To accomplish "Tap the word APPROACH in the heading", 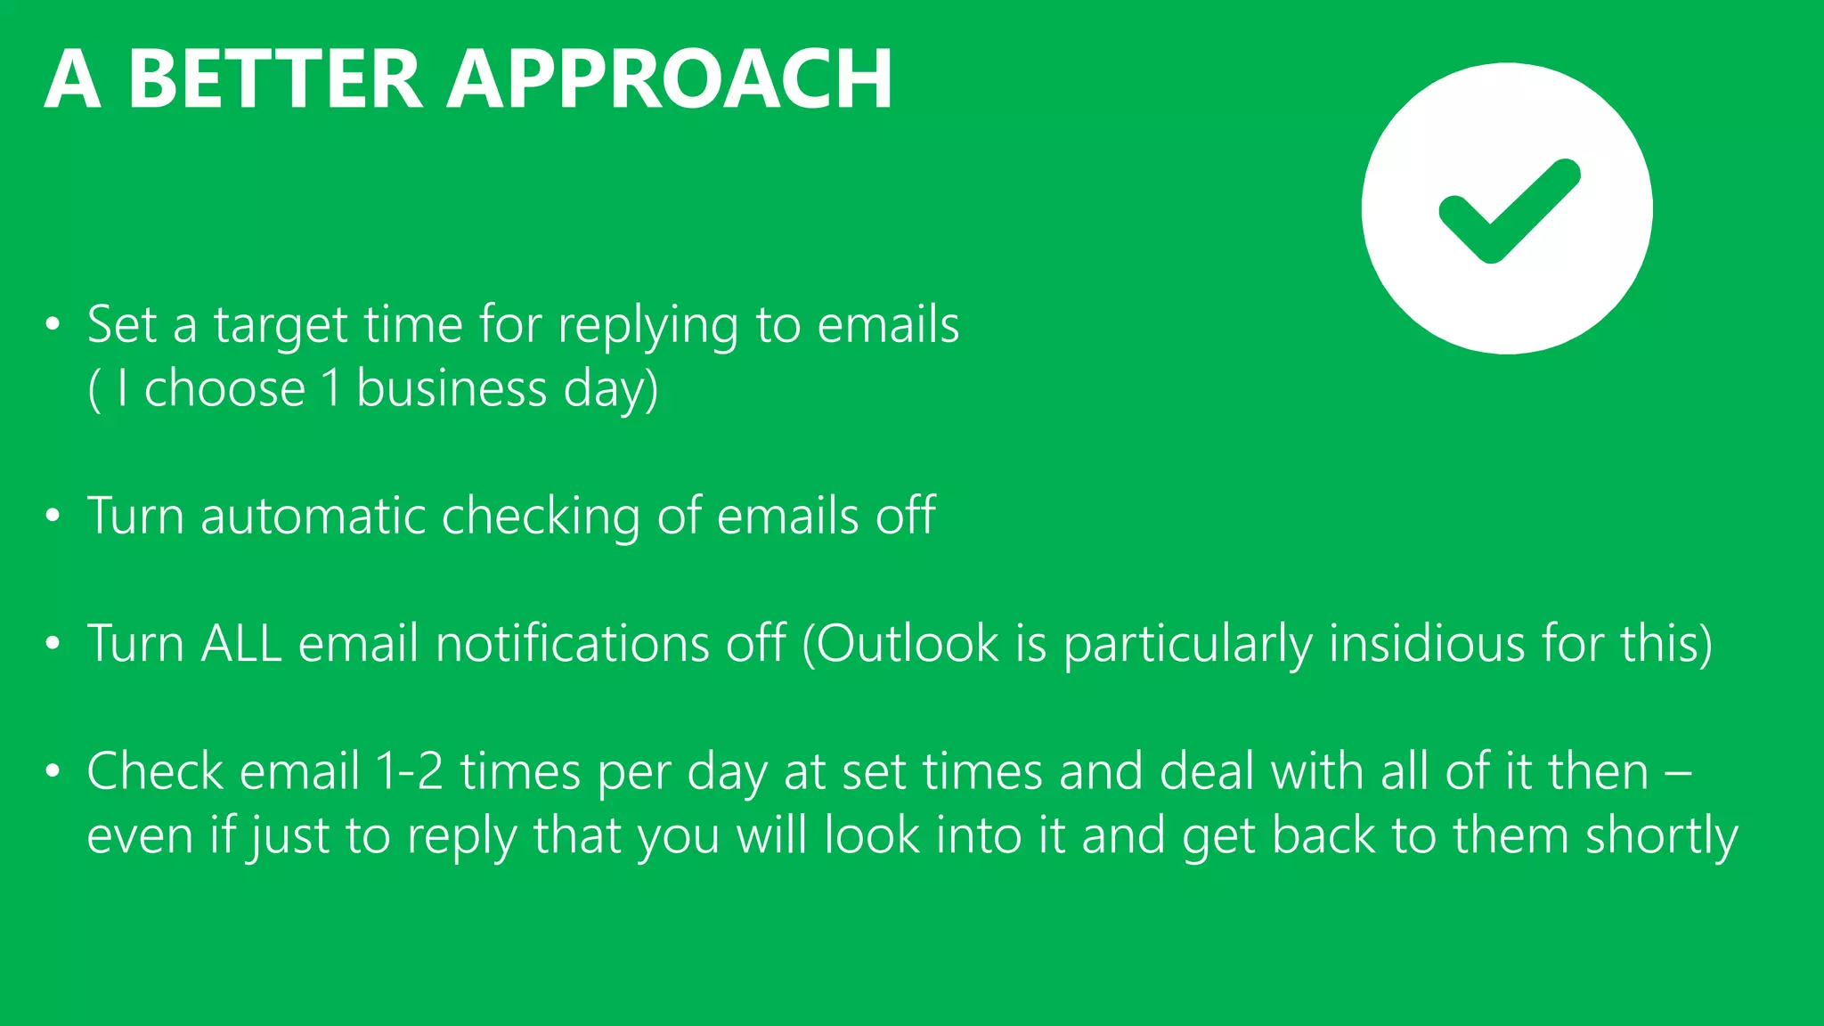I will tap(669, 79).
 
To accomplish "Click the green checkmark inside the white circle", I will tap(1509, 211).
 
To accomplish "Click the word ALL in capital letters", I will tap(241, 643).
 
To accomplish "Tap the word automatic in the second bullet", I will tap(313, 516).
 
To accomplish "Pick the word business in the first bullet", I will tap(452, 389).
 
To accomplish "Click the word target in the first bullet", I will tap(281, 326).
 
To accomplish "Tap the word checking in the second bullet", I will tap(541, 517).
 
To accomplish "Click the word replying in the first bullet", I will tap(647, 326).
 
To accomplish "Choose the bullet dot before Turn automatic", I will tap(53, 516).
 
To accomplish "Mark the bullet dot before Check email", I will tap(53, 771).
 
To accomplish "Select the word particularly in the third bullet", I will tap(1188, 645).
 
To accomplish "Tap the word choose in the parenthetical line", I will tap(224, 389).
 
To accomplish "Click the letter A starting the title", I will tap(72, 79).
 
